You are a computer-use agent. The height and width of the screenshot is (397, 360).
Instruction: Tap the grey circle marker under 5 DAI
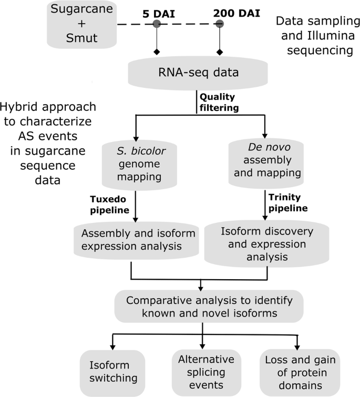point(156,24)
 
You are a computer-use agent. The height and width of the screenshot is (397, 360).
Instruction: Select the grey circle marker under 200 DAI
point(219,24)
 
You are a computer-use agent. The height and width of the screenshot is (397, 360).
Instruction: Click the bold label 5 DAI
point(156,11)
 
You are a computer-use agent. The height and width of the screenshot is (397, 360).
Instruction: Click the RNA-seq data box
point(200,72)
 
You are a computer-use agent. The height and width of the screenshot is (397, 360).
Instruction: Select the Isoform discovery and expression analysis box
point(266,243)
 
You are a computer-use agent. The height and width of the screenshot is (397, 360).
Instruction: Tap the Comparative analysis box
point(209,307)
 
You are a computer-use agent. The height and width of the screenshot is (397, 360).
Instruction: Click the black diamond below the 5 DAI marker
point(156,52)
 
